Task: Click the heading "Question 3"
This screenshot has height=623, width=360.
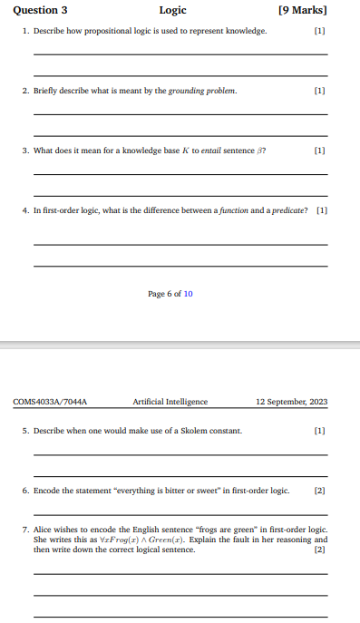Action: click(40, 11)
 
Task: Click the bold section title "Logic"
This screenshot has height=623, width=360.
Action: click(172, 11)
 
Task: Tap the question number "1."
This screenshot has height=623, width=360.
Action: click(26, 31)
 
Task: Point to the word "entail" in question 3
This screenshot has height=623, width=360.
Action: click(212, 151)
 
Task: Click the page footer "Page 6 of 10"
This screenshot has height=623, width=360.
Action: click(170, 293)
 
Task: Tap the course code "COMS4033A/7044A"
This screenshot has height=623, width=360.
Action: click(44, 402)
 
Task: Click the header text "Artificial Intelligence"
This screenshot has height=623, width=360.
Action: click(170, 402)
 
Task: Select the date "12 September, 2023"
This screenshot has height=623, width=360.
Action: click(292, 402)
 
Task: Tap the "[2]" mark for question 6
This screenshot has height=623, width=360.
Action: click(318, 491)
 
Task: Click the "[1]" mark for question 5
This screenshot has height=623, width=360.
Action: click(318, 431)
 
